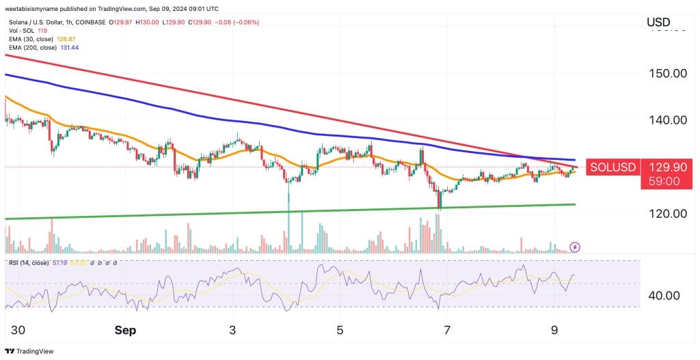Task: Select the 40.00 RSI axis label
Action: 664,296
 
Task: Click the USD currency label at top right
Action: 658,23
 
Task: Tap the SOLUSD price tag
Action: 613,167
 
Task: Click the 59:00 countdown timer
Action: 663,182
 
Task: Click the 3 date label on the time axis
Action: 232,331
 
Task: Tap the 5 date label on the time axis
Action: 340,331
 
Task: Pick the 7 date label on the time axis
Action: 447,331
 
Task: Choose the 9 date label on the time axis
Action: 554,331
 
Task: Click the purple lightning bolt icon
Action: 575,247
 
